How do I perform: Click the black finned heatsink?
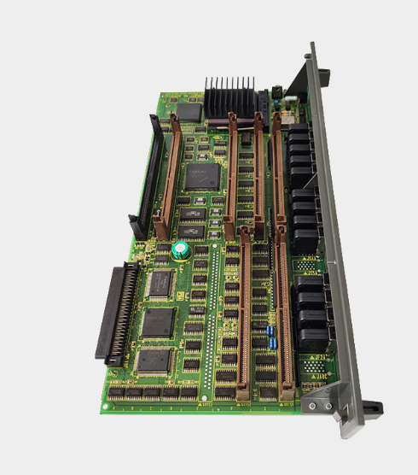point(229,96)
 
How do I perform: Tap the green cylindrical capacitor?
point(180,250)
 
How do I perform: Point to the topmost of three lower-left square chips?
point(160,283)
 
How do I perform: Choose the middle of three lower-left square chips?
point(157,321)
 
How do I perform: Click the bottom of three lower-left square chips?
point(153,359)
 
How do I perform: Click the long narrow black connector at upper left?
point(148,175)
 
